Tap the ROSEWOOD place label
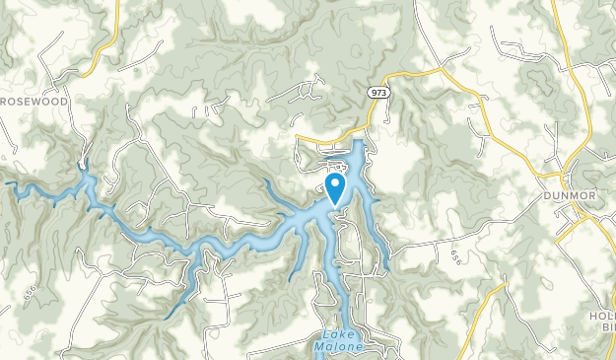click(35, 101)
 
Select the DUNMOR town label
click(570, 195)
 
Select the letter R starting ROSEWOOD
click(6, 101)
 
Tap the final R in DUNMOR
click(593, 195)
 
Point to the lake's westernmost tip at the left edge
click(9, 183)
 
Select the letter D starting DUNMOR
click(546, 195)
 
